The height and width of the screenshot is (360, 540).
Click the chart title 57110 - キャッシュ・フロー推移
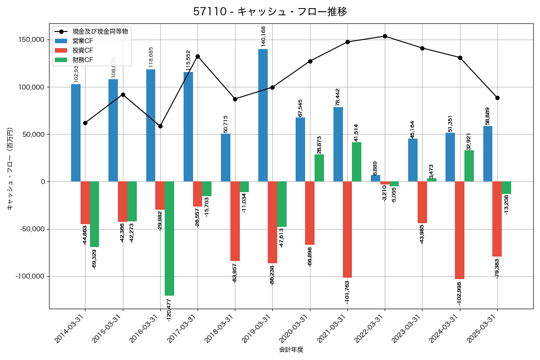[x=270, y=12]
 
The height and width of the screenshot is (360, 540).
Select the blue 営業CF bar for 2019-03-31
[x=263, y=115]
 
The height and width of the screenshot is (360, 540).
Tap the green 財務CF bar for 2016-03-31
[x=169, y=238]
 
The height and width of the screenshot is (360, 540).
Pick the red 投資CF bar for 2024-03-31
[x=459, y=230]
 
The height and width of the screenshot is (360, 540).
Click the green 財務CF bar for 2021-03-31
[x=356, y=162]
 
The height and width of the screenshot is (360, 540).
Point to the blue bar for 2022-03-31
[x=375, y=178]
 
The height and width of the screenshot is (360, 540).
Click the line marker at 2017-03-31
[x=198, y=56]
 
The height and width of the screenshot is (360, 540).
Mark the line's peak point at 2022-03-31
[x=385, y=36]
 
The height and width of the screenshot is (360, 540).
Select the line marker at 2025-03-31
[x=497, y=98]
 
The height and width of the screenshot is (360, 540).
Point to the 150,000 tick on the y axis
[x=31, y=40]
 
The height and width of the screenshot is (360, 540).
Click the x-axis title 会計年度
[x=291, y=350]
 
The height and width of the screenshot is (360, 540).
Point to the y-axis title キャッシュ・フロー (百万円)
[x=9, y=169]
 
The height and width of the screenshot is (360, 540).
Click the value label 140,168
[x=263, y=36]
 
